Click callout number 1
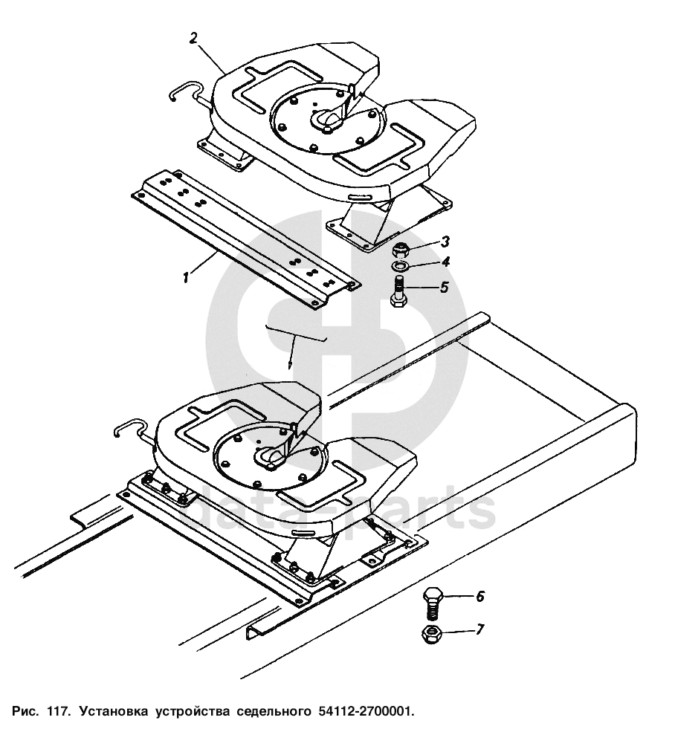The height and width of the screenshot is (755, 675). [185, 277]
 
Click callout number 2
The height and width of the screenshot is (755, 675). [193, 39]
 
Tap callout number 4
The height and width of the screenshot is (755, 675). [445, 262]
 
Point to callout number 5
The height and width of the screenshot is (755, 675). [444, 287]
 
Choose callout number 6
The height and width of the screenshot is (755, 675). [479, 596]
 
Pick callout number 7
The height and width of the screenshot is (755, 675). [479, 630]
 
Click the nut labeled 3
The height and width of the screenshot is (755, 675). [401, 248]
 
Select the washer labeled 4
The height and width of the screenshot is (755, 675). [400, 266]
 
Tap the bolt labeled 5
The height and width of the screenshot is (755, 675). [399, 291]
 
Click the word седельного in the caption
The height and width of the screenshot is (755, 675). [272, 712]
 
